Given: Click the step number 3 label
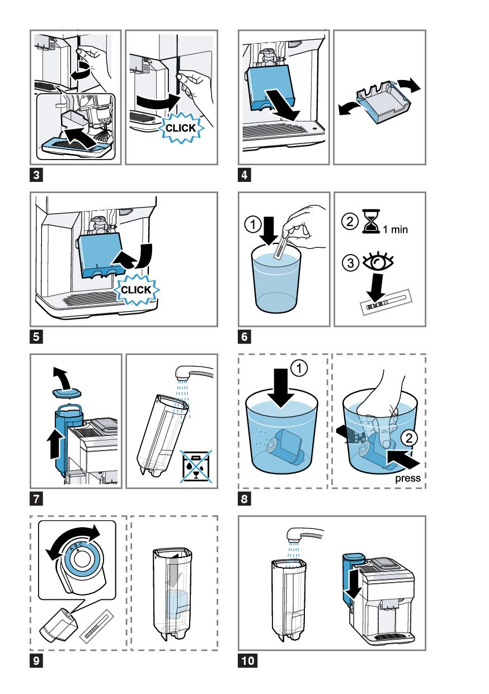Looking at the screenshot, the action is (36, 175).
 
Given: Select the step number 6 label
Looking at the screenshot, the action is (244, 337).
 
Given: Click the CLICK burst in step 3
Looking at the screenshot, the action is (181, 128).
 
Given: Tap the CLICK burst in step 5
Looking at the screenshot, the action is (137, 290).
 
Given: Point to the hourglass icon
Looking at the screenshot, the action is (371, 221).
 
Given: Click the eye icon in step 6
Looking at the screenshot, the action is (378, 262).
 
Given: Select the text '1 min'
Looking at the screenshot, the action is (395, 229).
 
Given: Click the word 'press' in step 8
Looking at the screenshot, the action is (407, 479).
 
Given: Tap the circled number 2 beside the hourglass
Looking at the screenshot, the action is (350, 222).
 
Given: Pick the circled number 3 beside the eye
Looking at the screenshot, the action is (350, 264).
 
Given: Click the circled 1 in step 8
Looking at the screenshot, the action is (299, 369).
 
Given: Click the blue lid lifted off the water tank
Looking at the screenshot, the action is (67, 393).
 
